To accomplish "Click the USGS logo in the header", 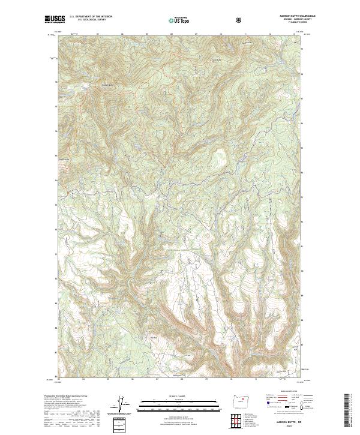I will [x=53, y=20].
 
